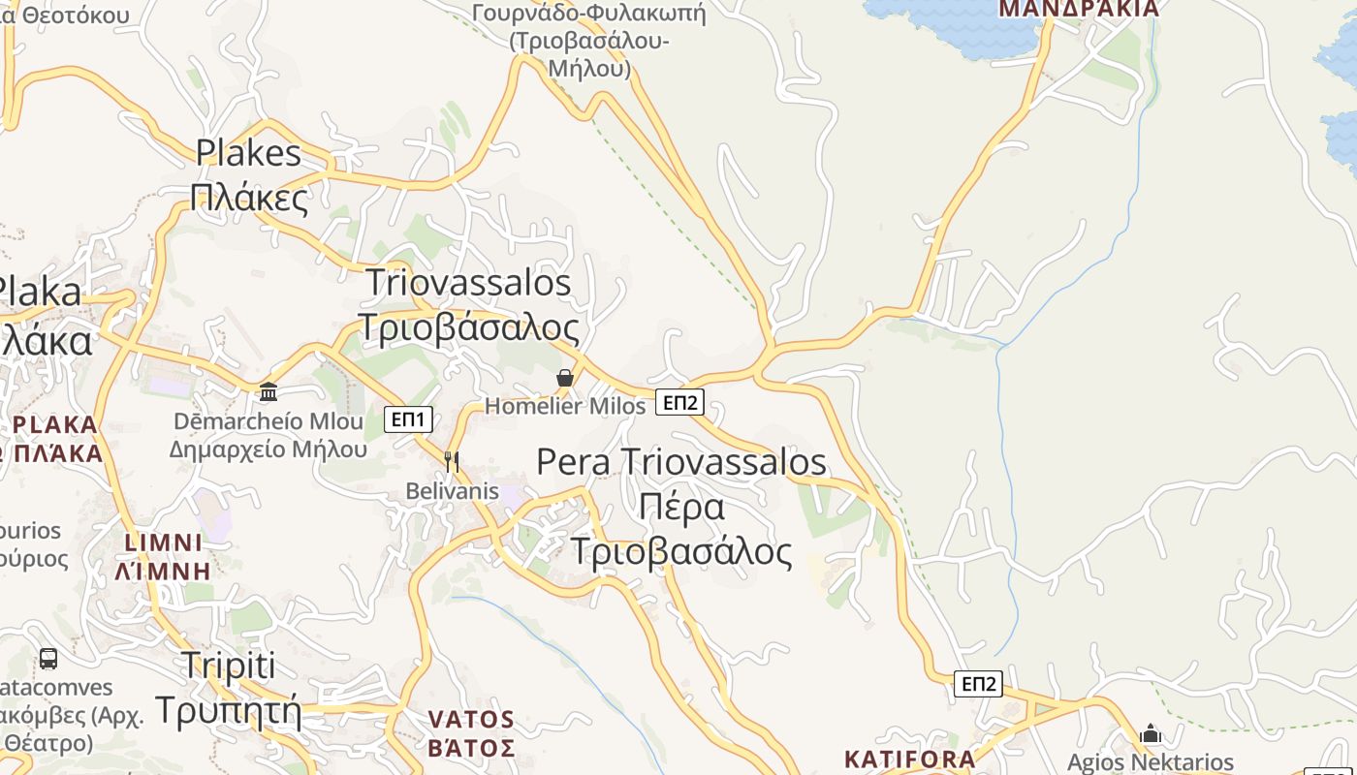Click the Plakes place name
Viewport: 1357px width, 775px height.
(248, 153)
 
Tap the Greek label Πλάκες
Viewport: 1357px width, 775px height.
(249, 198)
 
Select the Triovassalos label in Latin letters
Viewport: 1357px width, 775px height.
(468, 283)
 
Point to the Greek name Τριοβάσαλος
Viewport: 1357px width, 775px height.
(468, 327)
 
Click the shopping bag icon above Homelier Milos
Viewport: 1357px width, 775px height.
(565, 378)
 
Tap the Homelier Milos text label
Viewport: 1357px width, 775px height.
(565, 406)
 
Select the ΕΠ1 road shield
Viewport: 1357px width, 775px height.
(408, 419)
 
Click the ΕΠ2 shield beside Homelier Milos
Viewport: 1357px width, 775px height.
(679, 402)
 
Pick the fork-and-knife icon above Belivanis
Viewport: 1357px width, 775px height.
(451, 461)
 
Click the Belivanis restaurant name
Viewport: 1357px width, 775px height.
(452, 491)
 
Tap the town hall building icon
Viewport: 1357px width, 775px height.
(268, 391)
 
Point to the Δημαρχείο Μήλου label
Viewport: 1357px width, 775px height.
(268, 449)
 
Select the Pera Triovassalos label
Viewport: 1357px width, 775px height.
(681, 462)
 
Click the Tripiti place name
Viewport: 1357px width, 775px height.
(229, 666)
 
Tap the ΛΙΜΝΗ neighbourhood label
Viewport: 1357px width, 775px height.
(163, 571)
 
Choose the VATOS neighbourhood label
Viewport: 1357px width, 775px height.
(471, 720)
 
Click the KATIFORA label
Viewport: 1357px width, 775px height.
(909, 759)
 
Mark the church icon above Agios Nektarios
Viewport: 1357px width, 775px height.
(1151, 733)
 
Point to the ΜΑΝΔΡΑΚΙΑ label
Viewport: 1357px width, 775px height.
(1079, 10)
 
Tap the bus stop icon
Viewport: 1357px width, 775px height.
(47, 659)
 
